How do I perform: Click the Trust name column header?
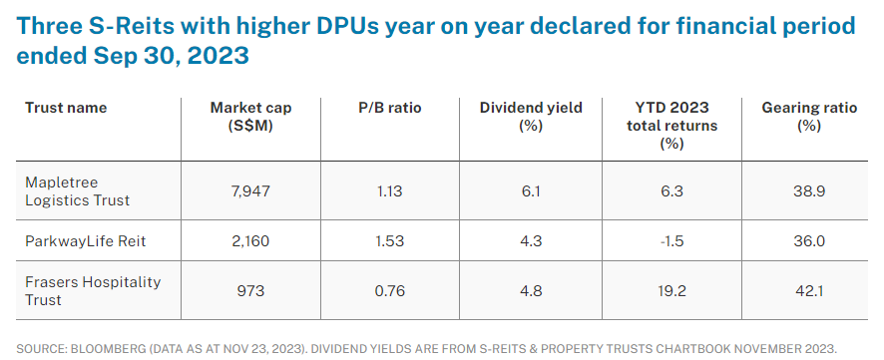[66, 108]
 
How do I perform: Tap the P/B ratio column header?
[388, 108]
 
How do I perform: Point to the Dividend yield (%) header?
[530, 117]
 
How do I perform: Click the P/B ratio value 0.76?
[388, 290]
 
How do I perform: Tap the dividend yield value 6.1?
[530, 189]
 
